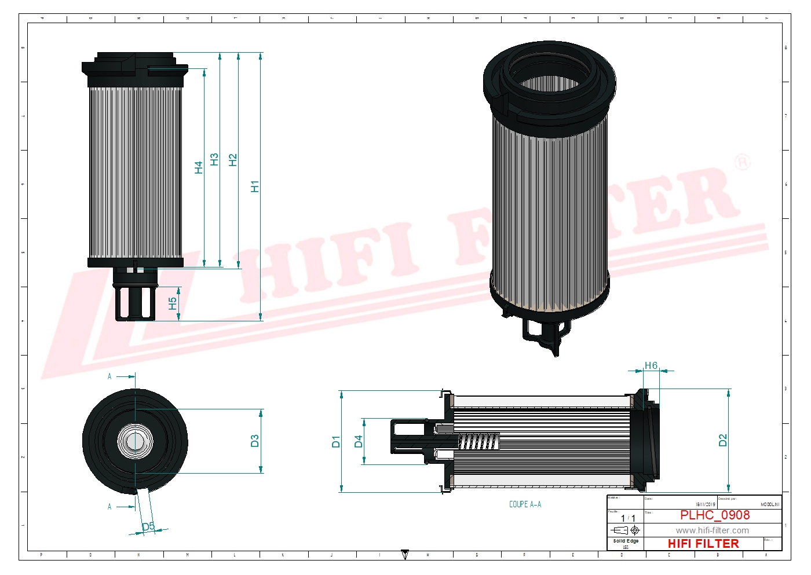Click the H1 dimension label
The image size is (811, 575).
pyautogui.click(x=255, y=186)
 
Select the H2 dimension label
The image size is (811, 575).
pyautogui.click(x=233, y=160)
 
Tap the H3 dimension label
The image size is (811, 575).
pyautogui.click(x=214, y=159)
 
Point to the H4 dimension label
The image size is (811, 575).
pyautogui.click(x=199, y=167)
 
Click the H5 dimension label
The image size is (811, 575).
pyautogui.click(x=172, y=303)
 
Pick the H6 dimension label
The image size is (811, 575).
pyautogui.click(x=651, y=365)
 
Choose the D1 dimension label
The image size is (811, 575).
pyautogui.click(x=336, y=442)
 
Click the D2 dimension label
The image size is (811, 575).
pyautogui.click(x=722, y=440)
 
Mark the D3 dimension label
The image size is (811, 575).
pyautogui.click(x=254, y=441)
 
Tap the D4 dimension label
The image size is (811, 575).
pyautogui.click(x=358, y=442)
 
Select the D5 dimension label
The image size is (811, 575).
pyautogui.click(x=148, y=526)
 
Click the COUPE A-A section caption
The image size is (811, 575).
pyautogui.click(x=525, y=504)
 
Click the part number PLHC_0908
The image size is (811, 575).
pyautogui.click(x=714, y=515)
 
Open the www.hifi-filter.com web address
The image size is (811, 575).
pyautogui.click(x=712, y=530)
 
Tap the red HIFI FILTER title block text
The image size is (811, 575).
pyautogui.click(x=703, y=544)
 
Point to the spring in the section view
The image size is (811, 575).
pyautogui.click(x=478, y=442)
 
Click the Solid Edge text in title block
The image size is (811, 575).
pyautogui.click(x=626, y=541)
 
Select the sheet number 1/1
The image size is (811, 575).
pyautogui.click(x=628, y=518)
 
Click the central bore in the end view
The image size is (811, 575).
pyautogui.click(x=135, y=442)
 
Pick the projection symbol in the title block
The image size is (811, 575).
pyautogui.click(x=626, y=530)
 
